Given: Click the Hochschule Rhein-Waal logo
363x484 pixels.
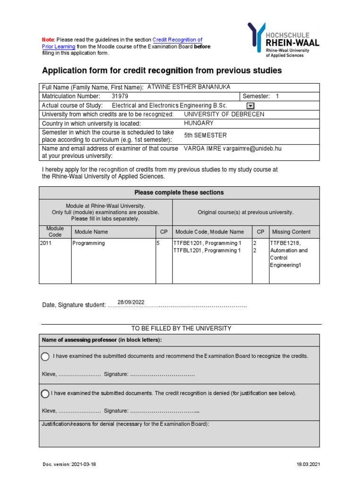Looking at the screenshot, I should click(283, 40).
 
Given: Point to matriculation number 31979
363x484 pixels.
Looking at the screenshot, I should click(120, 96).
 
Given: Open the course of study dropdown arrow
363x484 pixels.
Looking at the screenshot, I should click(251, 105).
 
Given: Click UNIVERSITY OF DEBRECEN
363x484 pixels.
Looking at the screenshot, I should click(224, 114).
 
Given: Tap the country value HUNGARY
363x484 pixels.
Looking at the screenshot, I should click(199, 123).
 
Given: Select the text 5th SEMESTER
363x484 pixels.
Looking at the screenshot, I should click(205, 135).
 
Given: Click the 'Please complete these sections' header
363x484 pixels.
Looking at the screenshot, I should click(179, 192).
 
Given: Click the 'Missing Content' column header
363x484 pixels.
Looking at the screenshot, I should click(291, 232).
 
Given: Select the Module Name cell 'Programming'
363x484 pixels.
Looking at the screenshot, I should click(88, 243).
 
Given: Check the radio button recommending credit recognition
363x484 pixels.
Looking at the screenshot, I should click(45, 356).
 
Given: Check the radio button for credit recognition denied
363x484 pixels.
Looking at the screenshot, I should click(45, 393).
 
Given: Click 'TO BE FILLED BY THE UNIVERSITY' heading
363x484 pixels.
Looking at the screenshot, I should click(181, 328).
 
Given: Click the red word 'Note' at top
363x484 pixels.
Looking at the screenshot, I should click(48, 40).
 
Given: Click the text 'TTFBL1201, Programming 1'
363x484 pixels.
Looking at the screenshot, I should click(207, 251).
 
